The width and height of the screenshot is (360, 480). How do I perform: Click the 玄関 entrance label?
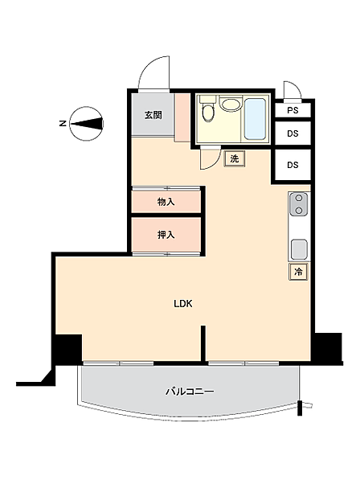pos(153,115)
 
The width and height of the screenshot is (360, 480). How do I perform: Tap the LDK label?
pos(183,304)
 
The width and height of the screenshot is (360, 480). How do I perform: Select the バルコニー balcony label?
pos(190,392)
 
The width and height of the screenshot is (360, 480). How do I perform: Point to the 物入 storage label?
pos(166,202)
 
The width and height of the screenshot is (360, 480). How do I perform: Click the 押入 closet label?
pos(166,235)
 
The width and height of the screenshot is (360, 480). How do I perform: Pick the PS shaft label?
pos(292,110)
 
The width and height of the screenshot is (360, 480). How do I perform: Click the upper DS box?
pos(292,133)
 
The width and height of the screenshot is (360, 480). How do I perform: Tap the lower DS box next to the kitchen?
pos(292,165)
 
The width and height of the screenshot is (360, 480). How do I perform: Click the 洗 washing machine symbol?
pos(235,159)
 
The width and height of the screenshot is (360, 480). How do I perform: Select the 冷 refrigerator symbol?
pos(298,272)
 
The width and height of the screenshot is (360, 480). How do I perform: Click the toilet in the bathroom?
pos(208,109)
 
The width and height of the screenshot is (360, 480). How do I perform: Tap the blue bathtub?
pos(255,119)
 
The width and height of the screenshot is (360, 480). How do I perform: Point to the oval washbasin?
pos(231,105)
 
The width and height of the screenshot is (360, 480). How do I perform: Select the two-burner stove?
pos(299,204)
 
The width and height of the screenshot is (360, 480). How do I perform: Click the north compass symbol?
pos(87,124)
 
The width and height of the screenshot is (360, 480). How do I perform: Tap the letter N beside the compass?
pos(63,124)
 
